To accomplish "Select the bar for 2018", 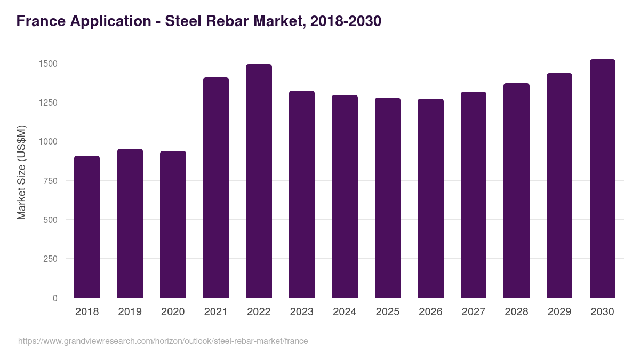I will coord(87,227).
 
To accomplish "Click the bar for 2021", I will coord(215,188).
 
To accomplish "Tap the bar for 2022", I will coord(259,181).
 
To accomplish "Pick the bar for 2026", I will coord(430,198).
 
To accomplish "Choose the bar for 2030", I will coord(602,179).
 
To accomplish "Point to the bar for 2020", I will coord(173,225).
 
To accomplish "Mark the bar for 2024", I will coord(345,196).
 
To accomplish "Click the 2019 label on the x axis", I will coord(130,312).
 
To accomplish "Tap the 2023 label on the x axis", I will coord(301,312).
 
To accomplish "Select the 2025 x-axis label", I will coord(387,312).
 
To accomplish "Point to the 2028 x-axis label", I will coord(516,312).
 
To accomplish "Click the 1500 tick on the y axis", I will coord(48,63).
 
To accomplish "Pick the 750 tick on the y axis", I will coord(51,181).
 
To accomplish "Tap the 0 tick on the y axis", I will coord(55,298).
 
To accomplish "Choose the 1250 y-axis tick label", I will coord(48,102).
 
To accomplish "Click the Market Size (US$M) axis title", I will coord(21,172).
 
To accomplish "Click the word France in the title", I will coord(42,21).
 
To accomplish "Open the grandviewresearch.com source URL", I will coord(163,341).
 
